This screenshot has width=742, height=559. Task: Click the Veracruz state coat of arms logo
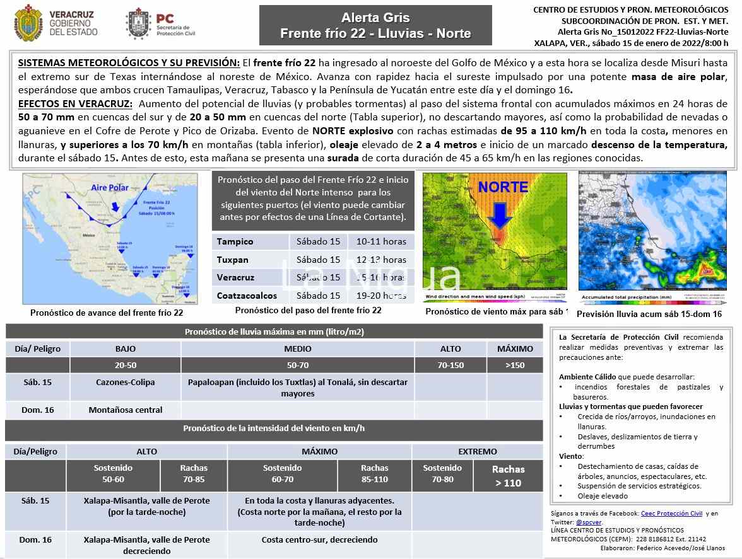pyautogui.click(x=26, y=23)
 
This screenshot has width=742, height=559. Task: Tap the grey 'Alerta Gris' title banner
pyautogui.click(x=375, y=25)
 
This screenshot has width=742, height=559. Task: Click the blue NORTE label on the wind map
pyautogui.click(x=503, y=187)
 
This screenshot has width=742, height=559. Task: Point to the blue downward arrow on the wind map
pyautogui.click(x=500, y=214)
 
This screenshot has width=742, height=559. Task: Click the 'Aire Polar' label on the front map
pyautogui.click(x=110, y=188)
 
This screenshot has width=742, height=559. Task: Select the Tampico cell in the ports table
pyautogui.click(x=235, y=242)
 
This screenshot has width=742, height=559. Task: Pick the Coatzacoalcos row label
pyautogui.click(x=247, y=296)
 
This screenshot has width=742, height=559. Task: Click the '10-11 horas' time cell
pyautogui.click(x=381, y=242)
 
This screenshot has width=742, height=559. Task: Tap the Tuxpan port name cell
pyautogui.click(x=233, y=260)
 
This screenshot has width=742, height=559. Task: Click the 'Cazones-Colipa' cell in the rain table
pyautogui.click(x=125, y=383)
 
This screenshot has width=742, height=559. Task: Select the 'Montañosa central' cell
pyautogui.click(x=125, y=410)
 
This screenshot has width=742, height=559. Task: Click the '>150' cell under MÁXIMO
pyautogui.click(x=515, y=366)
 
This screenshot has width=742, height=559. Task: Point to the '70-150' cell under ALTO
pyautogui.click(x=450, y=366)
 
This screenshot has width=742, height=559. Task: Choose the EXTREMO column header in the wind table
pyautogui.click(x=478, y=452)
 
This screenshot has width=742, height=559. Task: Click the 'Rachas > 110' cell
pyautogui.click(x=508, y=476)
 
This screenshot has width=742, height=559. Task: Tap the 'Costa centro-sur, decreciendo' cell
pyautogui.click(x=319, y=540)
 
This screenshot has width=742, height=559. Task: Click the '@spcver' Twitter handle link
pyautogui.click(x=589, y=522)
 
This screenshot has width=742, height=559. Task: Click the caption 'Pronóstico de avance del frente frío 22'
pyautogui.click(x=107, y=313)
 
